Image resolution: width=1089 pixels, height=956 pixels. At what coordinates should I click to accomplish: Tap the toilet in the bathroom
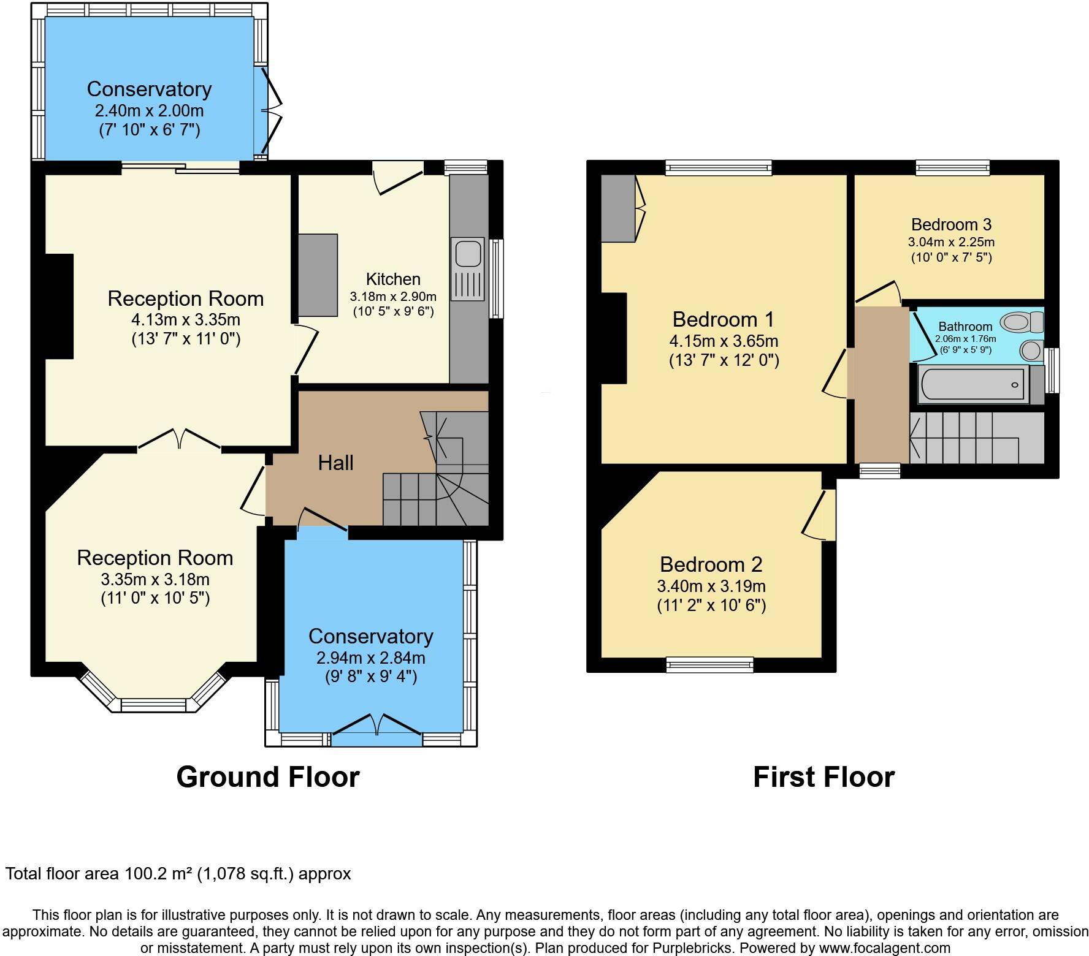(x=1020, y=322)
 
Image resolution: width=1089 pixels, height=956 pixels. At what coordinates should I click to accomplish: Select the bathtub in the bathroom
(x=973, y=385)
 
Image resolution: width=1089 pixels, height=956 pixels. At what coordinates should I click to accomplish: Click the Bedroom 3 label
(x=951, y=224)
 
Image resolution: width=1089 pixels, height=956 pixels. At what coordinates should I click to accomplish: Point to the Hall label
(x=335, y=463)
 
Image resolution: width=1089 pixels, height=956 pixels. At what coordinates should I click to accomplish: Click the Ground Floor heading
(x=267, y=777)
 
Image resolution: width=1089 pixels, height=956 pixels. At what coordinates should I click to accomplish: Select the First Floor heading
(x=823, y=777)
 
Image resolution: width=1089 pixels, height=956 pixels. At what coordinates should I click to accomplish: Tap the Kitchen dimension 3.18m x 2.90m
(x=393, y=296)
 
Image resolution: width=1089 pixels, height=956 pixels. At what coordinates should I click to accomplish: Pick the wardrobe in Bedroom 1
(x=618, y=208)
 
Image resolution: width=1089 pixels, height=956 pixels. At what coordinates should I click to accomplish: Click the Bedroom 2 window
(x=709, y=664)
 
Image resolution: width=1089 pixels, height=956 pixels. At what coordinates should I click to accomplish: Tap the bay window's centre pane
(x=157, y=706)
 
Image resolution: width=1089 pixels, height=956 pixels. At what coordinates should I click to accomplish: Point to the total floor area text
(x=178, y=873)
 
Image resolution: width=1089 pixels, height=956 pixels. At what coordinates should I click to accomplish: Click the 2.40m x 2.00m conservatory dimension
(x=149, y=111)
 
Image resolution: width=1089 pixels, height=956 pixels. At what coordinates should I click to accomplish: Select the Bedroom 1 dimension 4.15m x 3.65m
(x=724, y=341)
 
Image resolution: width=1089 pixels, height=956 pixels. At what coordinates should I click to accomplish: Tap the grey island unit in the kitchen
(x=318, y=275)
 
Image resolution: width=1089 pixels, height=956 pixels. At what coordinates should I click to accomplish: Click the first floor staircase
(x=975, y=438)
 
